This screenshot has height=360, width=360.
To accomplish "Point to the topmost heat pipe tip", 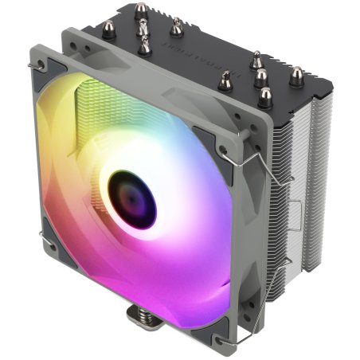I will (141, 11).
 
